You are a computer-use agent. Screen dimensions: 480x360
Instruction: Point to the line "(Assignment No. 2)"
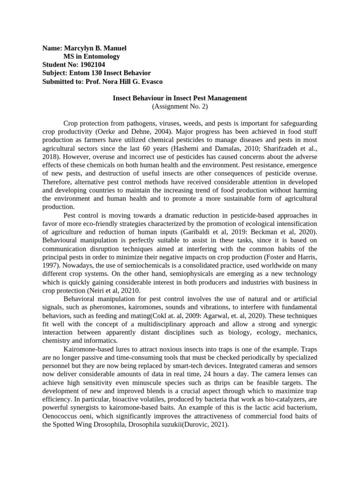[x=180, y=106]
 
